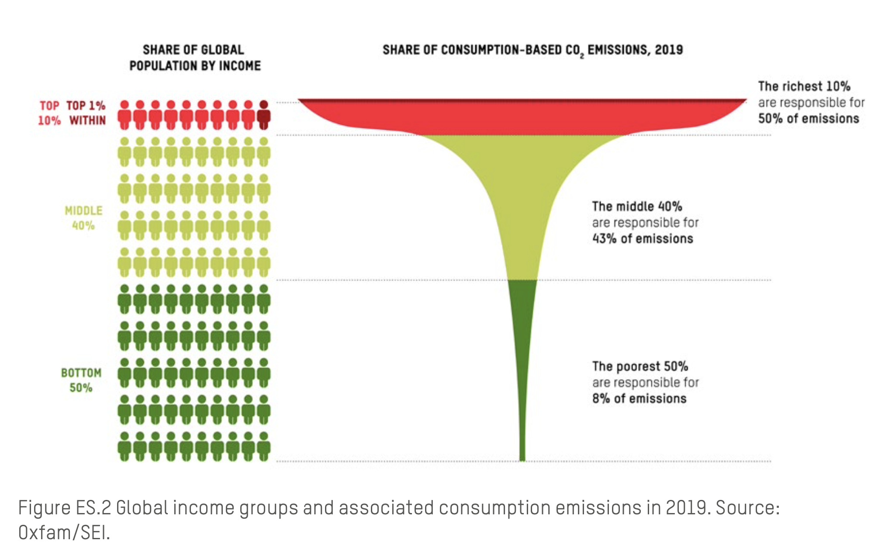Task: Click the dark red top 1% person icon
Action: (263, 115)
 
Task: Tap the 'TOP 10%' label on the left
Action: (49, 113)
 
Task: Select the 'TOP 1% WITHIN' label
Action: (86, 113)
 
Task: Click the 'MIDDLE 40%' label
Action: (83, 218)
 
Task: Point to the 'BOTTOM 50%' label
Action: (81, 380)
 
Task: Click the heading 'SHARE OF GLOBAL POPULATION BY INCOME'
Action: (194, 58)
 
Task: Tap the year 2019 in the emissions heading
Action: (668, 50)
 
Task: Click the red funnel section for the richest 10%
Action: (522, 118)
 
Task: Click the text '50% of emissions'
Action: (808, 119)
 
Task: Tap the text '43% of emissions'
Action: (642, 239)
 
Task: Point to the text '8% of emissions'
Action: (639, 399)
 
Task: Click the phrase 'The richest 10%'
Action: (804, 86)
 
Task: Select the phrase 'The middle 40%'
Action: (636, 207)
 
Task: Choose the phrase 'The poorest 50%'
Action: (640, 366)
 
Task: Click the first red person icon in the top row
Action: (124, 115)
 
